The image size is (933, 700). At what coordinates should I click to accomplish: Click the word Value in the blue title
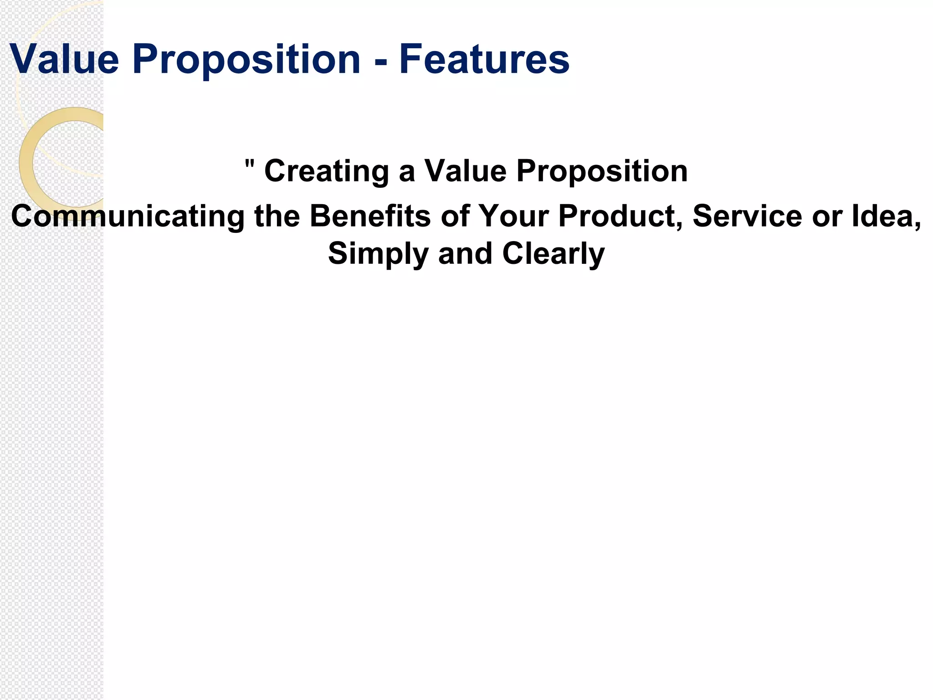pos(64,59)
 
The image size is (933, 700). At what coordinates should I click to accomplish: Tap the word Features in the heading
pos(484,59)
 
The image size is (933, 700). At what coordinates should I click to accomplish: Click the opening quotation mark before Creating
pos(249,164)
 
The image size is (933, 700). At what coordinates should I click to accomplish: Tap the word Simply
pos(378,254)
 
